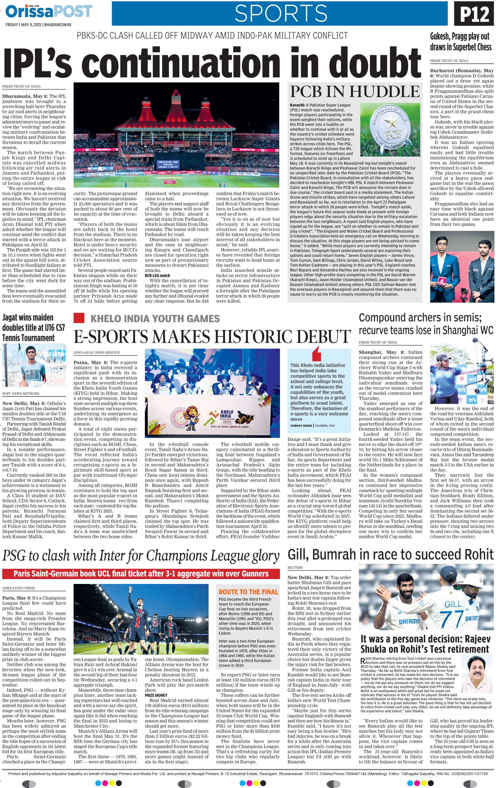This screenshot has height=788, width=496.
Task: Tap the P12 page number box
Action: (x=473, y=14)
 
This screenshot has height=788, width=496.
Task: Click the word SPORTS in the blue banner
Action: (x=281, y=13)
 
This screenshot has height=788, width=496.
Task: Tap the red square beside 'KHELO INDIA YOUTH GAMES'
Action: (x=80, y=318)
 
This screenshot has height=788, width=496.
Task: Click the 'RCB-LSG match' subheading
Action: (x=157, y=276)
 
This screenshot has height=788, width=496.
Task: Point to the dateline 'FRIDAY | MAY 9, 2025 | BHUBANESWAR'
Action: (x=38, y=24)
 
